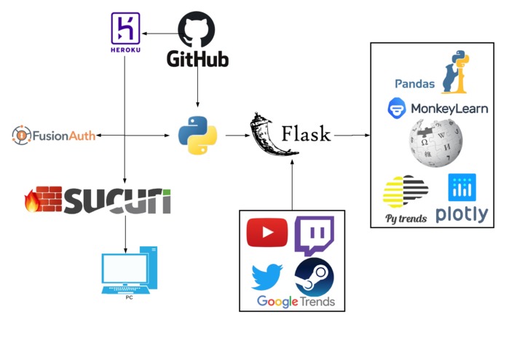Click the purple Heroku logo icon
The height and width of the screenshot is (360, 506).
pos(125,28)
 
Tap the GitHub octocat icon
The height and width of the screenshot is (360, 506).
pos(197,29)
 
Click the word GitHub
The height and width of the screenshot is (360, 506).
pos(197,59)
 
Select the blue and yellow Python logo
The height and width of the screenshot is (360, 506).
pos(197,136)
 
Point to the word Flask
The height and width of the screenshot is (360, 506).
pos(306,134)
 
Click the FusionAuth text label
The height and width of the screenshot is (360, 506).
pos(64,136)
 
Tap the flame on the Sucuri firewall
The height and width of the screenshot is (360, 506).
pos(32,201)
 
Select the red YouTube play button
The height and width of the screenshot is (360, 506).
pos(267,232)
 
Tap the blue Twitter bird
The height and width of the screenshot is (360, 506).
pos(267,277)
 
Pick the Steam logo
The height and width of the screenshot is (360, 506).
pos(315,277)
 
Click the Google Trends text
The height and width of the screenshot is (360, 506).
pos(296,302)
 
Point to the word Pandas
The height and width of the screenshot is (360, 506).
pos(415,84)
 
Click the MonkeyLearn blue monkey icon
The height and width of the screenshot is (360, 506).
pos(397,108)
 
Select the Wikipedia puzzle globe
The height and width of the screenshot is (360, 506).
pos(436,143)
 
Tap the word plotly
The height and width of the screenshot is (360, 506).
pos(462,214)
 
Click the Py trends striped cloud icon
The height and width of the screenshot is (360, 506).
pos(406,192)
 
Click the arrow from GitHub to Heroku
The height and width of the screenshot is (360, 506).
pos(160,34)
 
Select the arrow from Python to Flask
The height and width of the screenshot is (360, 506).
pos(238,136)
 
